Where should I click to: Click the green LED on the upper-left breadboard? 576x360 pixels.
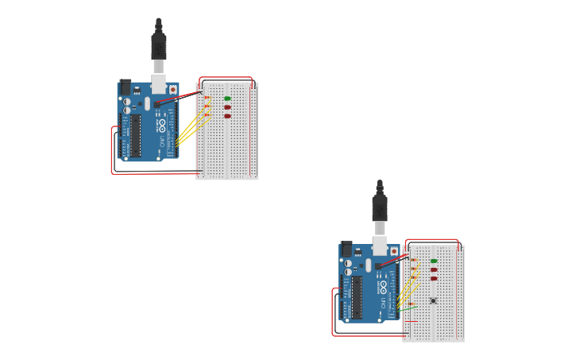click(x=227, y=99)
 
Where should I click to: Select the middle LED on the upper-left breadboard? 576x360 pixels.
click(x=227, y=107)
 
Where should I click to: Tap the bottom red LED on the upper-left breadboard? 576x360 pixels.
click(x=227, y=116)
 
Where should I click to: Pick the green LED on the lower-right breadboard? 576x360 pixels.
click(x=434, y=261)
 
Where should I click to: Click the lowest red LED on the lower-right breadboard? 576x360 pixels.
click(x=434, y=279)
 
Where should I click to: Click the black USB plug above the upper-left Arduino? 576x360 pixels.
click(x=159, y=44)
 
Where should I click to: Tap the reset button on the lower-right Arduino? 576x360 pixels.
click(x=393, y=251)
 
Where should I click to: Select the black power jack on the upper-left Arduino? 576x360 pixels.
click(x=124, y=87)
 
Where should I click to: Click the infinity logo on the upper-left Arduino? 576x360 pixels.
click(x=160, y=125)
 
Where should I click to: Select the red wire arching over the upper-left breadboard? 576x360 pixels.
click(x=226, y=78)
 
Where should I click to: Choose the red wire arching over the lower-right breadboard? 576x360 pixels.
click(x=432, y=240)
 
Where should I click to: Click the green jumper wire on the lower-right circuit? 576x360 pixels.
click(x=412, y=306)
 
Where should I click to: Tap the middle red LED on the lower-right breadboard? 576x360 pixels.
click(x=434, y=270)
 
